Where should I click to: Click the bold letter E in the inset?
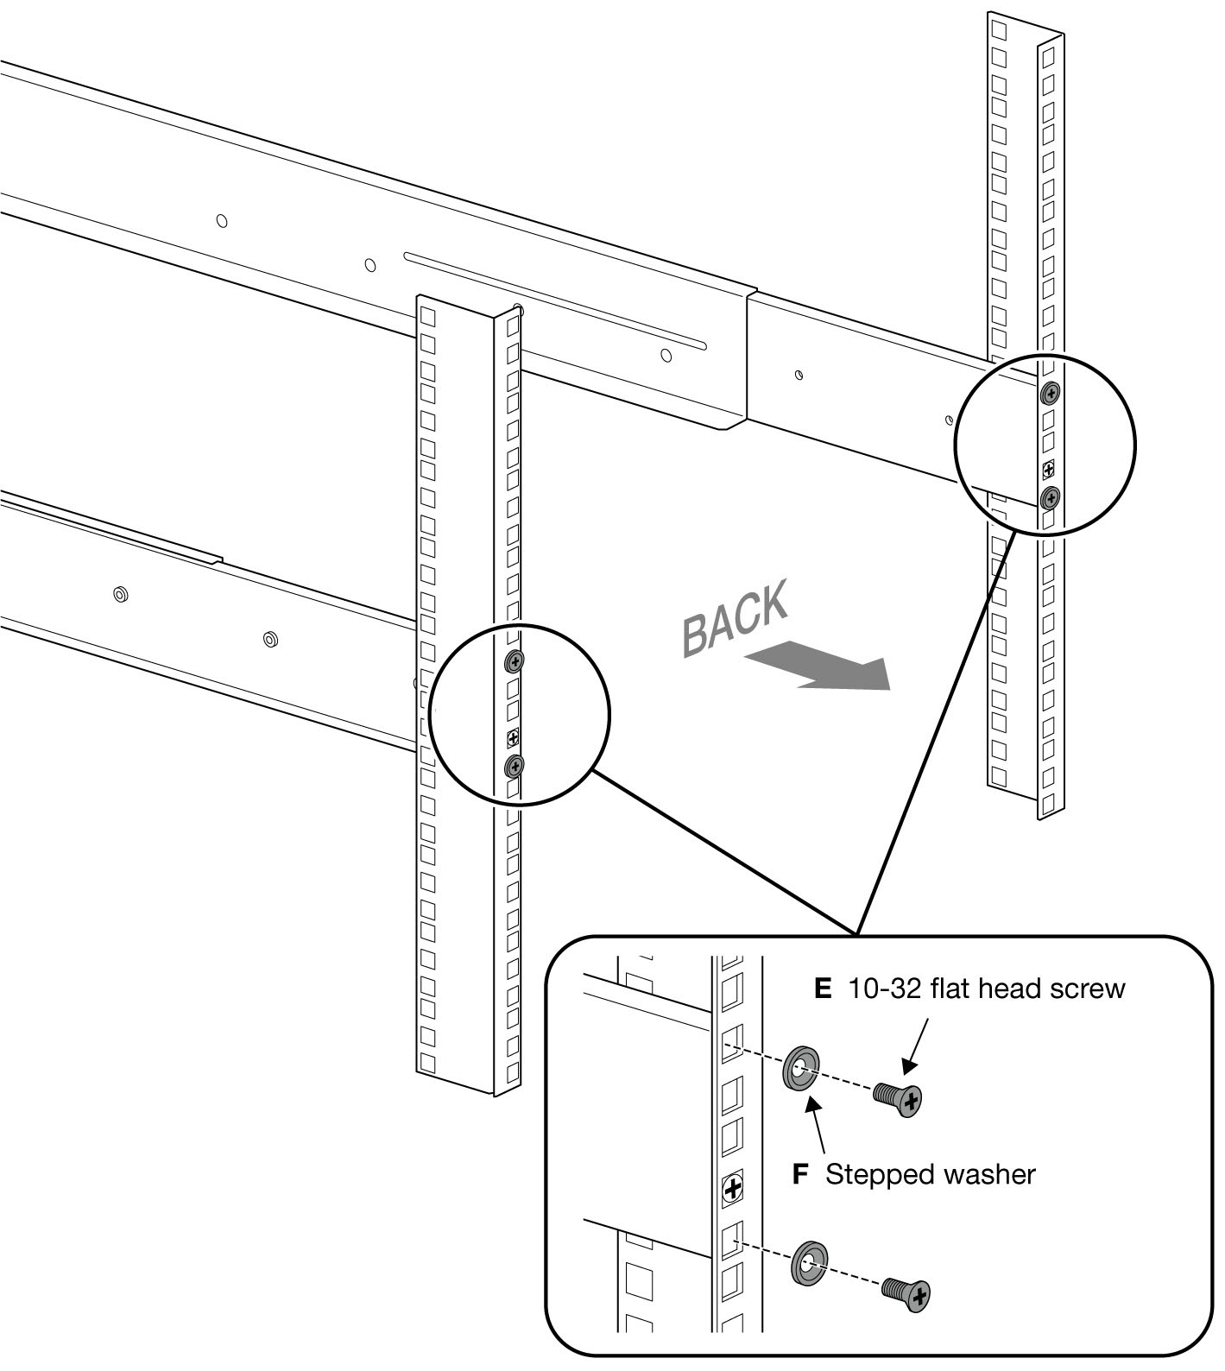coord(823,989)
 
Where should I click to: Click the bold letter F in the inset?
coord(800,1174)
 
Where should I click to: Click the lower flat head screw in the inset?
coord(907,1292)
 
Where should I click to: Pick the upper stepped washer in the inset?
coord(802,1071)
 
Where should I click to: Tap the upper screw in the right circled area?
coord(1050,394)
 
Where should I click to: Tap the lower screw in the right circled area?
coord(1050,497)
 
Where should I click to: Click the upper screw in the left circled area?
coord(515,662)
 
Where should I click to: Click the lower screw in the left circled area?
coord(515,766)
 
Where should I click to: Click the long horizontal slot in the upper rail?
coord(555,301)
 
